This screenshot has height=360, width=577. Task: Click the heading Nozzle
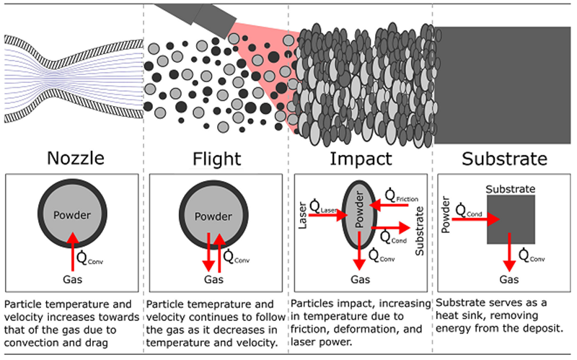(x=76, y=158)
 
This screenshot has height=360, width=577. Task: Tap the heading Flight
(x=217, y=159)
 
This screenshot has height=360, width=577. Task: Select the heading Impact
(x=361, y=159)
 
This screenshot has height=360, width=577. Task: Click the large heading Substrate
(x=504, y=159)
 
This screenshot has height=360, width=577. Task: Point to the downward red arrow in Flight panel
(x=208, y=253)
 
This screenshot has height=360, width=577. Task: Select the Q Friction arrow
(x=389, y=205)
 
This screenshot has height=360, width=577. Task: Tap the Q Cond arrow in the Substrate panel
(x=476, y=219)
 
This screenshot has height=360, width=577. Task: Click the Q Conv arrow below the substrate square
(x=509, y=253)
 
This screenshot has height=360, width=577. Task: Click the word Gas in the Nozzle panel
(x=73, y=279)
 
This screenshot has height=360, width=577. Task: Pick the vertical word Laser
(x=302, y=215)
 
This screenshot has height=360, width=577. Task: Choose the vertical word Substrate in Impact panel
(x=420, y=231)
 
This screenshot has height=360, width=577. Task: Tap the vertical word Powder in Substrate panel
(x=446, y=214)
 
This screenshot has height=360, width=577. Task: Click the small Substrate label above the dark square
(x=511, y=189)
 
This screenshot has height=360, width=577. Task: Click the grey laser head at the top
(x=195, y=15)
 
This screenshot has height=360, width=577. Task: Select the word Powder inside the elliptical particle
(x=359, y=209)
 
